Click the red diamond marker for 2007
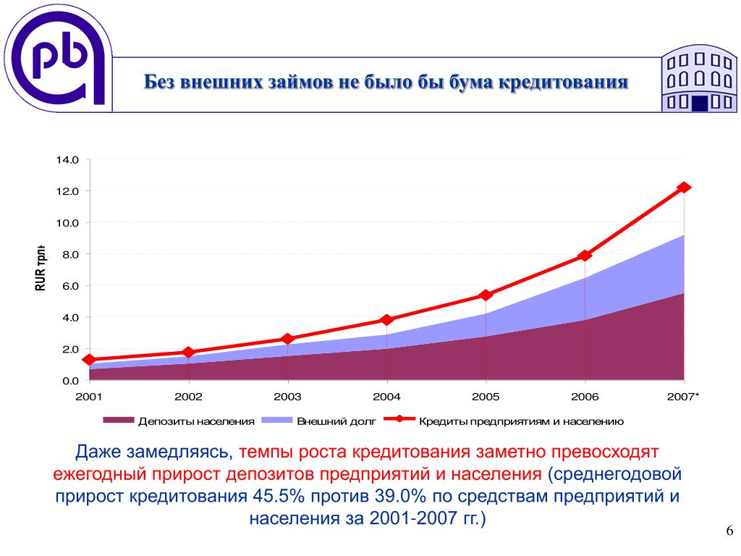(684, 188)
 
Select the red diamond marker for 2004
(386, 320)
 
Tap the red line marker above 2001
(89, 360)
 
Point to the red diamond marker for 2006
(585, 256)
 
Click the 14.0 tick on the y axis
(67, 159)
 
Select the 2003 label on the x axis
(287, 397)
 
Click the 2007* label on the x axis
(684, 397)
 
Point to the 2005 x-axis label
(486, 397)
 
